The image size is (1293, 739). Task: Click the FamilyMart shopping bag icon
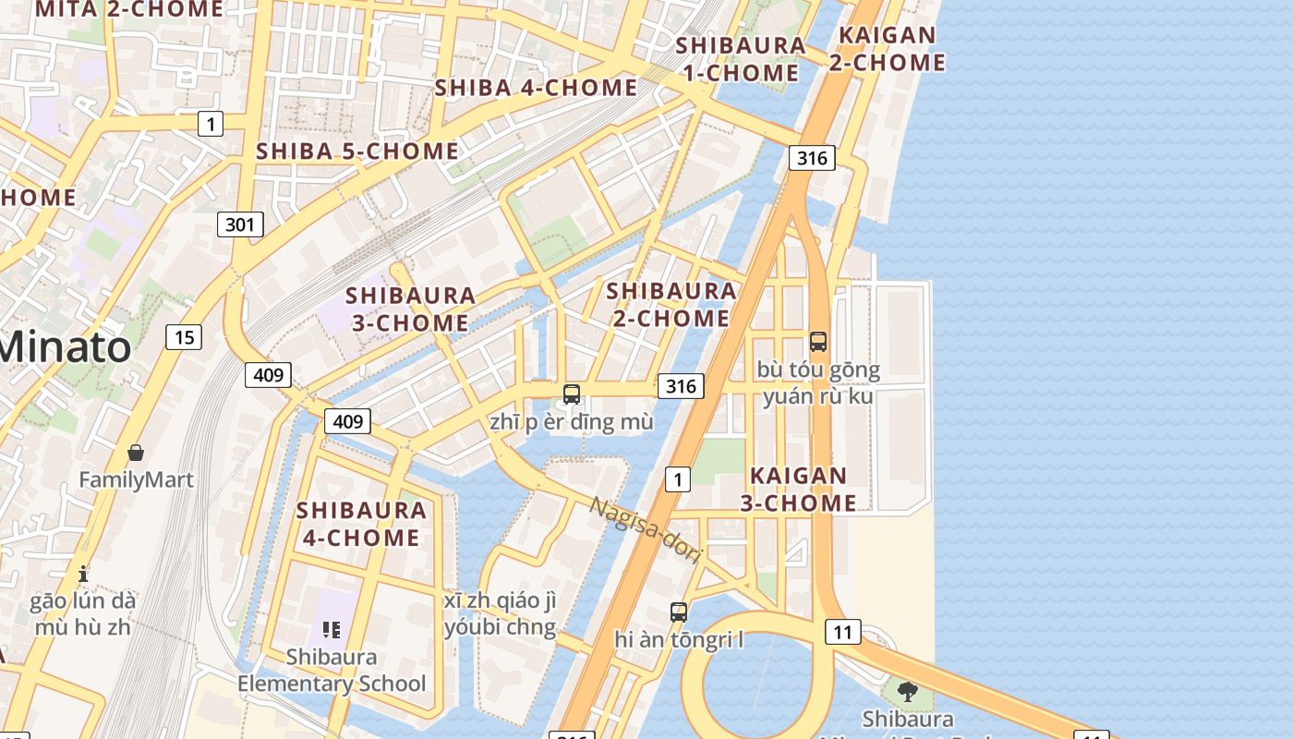[x=136, y=453]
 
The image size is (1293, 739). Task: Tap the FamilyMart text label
[x=136, y=479]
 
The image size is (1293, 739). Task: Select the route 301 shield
[x=241, y=224]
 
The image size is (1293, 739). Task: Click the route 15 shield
[x=184, y=337]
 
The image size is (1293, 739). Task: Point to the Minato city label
[x=65, y=347]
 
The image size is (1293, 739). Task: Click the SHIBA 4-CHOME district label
[x=536, y=88]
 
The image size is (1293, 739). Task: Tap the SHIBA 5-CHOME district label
[x=356, y=151]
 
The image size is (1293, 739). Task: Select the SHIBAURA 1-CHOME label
[x=740, y=59]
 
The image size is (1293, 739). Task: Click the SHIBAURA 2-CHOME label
[x=671, y=305]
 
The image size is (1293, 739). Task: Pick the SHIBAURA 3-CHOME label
[x=411, y=309]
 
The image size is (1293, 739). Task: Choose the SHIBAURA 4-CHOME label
[x=361, y=524]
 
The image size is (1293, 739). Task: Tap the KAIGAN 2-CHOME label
[x=887, y=49]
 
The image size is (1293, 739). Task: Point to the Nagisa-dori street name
[x=646, y=530]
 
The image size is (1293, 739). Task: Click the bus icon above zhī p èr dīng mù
[x=572, y=394]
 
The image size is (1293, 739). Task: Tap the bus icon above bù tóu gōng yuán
[x=818, y=342]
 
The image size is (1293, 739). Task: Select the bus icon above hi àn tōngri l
[x=679, y=612]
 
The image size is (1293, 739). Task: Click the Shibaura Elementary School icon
[x=332, y=630]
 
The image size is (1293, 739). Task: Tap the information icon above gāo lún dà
[x=83, y=574]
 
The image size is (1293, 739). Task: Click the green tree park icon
[x=908, y=691]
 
